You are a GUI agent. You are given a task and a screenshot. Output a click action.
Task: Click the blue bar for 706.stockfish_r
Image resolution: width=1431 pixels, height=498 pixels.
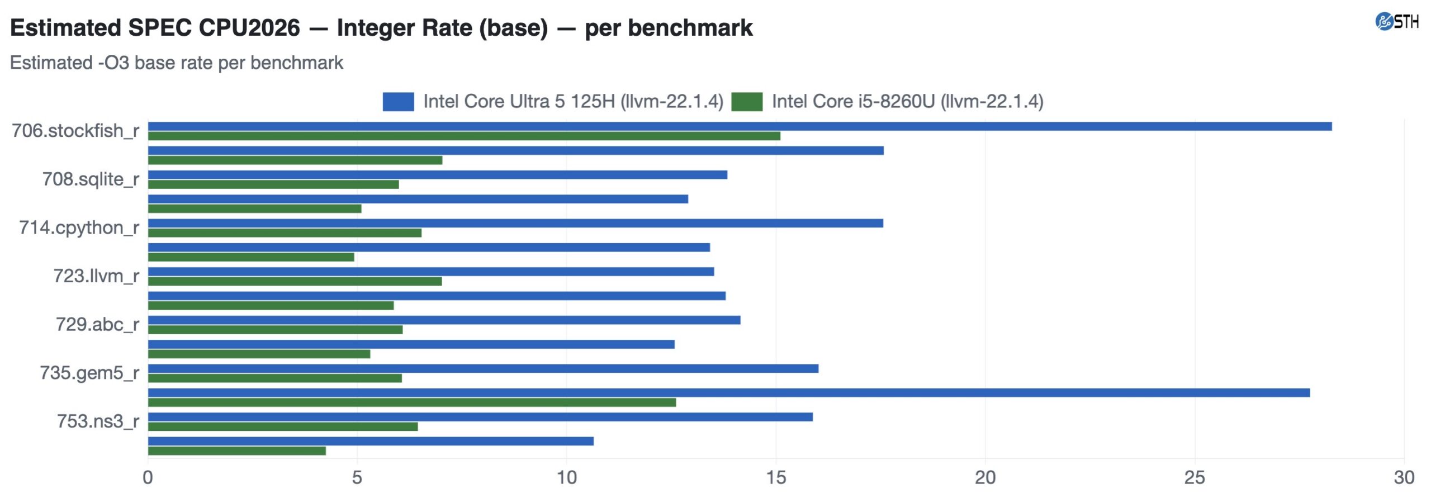740,126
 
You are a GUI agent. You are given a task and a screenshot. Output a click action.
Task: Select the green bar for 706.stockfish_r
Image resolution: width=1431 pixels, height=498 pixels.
464,136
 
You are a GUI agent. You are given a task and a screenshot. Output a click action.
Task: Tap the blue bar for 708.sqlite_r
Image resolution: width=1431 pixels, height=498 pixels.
438,175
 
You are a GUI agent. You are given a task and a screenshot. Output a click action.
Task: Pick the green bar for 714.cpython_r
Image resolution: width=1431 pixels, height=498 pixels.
285,233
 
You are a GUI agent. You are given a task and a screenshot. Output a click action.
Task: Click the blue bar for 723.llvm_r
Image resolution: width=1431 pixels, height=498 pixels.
431,272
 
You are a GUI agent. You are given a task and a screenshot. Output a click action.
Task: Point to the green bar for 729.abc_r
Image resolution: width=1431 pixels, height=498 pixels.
275,330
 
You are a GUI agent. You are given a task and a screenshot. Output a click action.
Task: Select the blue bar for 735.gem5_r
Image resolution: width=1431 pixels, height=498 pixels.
483,369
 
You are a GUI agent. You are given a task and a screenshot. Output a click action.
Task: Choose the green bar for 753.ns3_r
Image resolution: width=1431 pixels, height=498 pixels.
283,427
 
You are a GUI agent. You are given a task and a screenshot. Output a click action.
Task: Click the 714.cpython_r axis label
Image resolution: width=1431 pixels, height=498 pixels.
79,228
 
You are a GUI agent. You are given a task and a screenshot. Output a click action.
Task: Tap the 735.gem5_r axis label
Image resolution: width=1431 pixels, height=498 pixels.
89,373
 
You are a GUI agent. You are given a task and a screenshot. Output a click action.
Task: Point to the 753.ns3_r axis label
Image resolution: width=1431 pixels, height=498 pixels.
98,421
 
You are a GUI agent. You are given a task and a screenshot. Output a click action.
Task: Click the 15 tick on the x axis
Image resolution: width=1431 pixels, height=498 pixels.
776,477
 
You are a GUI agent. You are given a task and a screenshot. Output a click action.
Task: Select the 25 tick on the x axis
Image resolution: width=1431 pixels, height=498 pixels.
1195,477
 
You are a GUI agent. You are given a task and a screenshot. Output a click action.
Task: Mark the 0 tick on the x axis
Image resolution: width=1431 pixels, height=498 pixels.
148,477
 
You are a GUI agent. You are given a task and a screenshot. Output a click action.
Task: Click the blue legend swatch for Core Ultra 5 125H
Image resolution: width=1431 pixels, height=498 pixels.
398,102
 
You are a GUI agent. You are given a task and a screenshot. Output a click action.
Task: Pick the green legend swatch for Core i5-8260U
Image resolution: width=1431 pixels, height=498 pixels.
747,102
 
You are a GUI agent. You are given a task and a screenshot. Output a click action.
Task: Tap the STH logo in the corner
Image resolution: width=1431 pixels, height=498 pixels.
1396,22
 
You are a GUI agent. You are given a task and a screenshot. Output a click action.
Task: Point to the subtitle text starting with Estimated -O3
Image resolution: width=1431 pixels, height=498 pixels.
177,63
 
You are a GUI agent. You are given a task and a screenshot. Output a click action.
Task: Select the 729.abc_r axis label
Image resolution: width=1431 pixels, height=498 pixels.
97,325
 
